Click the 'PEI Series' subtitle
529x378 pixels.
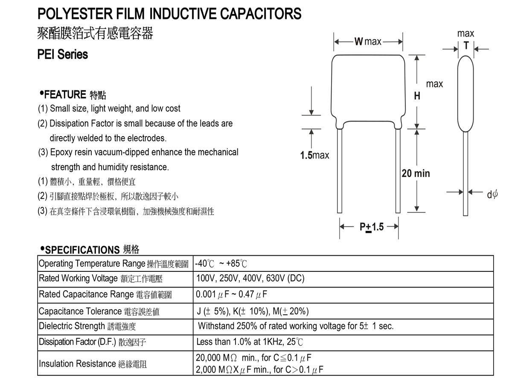coord(63,55)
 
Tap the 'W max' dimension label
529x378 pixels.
coord(368,42)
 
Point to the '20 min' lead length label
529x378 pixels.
coord(416,174)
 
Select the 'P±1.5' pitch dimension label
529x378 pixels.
coord(371,227)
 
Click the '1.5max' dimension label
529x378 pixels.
coord(314,155)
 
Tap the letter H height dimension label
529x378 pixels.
coord(417,96)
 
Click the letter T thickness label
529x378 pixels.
coord(466,46)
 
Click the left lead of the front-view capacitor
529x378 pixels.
coord(340,171)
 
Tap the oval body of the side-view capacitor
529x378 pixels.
coord(466,94)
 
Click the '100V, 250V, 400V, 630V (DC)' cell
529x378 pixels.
coord(250,279)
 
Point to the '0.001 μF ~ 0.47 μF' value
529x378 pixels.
coord(232,294)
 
